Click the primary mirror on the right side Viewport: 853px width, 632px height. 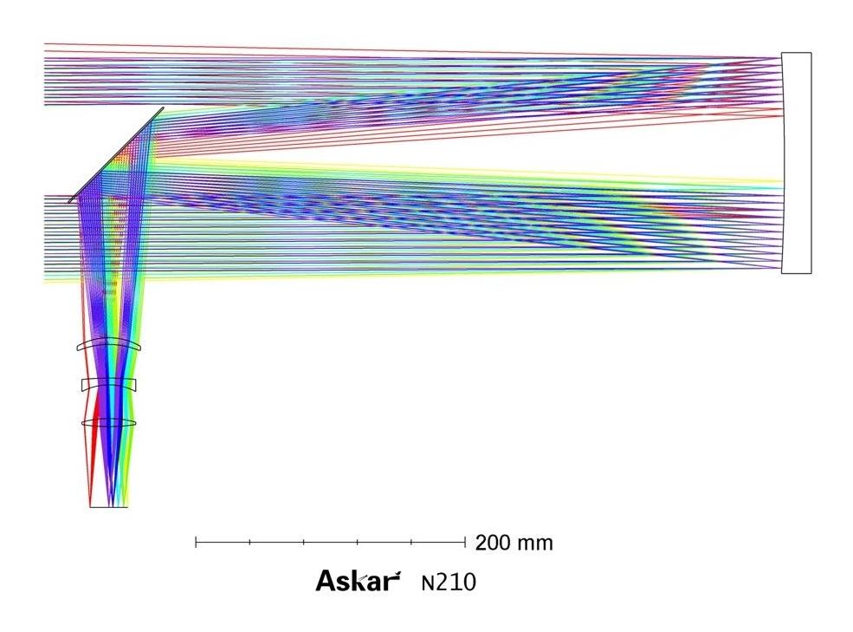[x=797, y=162]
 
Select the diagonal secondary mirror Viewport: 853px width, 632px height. [x=116, y=155]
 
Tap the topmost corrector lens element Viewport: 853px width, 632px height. [x=109, y=345]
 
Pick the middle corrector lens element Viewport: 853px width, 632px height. [x=109, y=385]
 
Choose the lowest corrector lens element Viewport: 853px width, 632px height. [x=109, y=423]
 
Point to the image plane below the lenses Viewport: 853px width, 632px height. [x=109, y=507]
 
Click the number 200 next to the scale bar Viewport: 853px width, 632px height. [x=493, y=543]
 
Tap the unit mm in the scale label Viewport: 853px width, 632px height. [x=535, y=544]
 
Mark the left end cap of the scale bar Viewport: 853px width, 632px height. [x=196, y=542]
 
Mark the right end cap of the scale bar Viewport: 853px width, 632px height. [x=465, y=542]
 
